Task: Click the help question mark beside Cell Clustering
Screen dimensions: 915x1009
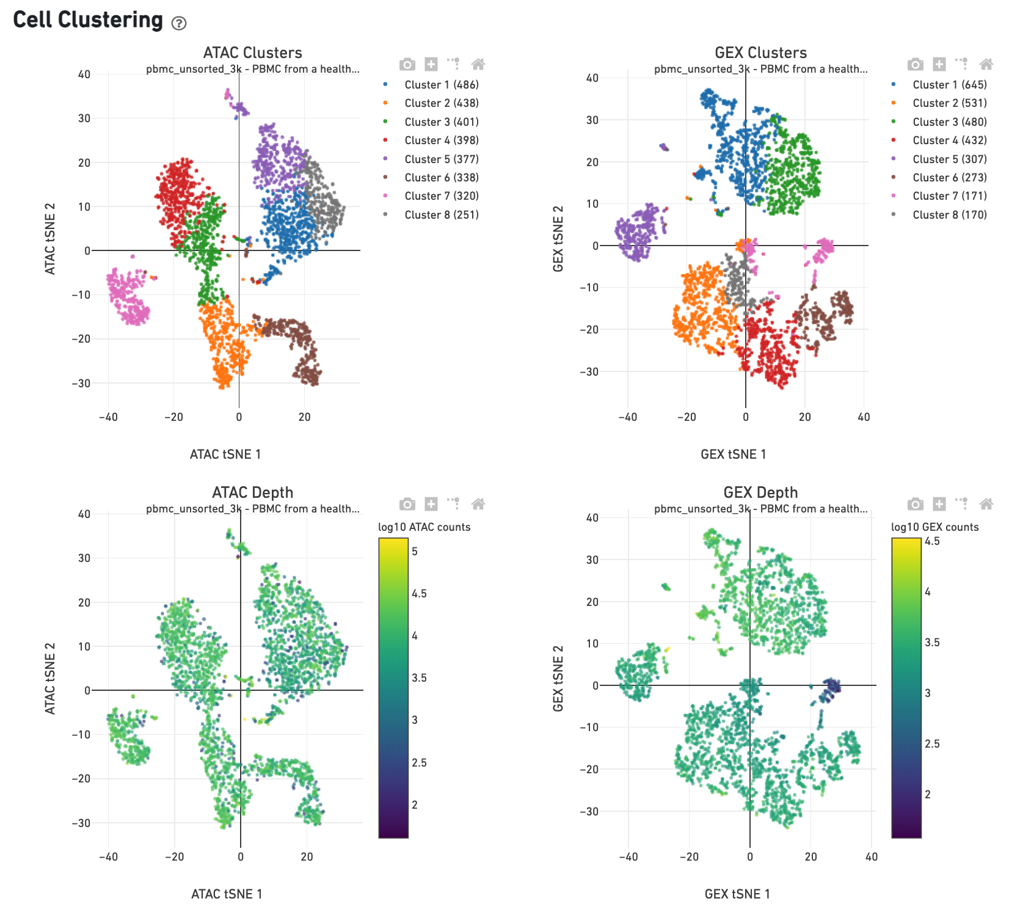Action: [178, 23]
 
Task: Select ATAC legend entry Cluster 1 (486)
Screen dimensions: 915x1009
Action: [441, 85]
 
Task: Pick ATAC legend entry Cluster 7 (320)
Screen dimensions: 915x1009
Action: [441, 196]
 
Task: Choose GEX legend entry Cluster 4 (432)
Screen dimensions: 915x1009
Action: [949, 140]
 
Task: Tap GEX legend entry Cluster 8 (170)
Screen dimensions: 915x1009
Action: [949, 215]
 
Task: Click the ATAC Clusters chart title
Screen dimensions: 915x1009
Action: [252, 53]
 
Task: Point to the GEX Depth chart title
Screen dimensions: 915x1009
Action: [760, 492]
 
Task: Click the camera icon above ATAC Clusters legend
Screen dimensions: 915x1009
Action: [407, 64]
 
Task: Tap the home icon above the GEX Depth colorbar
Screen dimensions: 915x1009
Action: [986, 504]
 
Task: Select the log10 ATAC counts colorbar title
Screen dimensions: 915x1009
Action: [424, 527]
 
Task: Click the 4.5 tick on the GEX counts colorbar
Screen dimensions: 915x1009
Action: [932, 541]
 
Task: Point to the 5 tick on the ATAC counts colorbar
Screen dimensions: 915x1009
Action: [415, 552]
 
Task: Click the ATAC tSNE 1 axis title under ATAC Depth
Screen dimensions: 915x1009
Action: [227, 894]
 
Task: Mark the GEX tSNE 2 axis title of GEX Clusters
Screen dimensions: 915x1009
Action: [558, 239]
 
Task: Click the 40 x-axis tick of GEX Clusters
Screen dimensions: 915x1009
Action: [864, 417]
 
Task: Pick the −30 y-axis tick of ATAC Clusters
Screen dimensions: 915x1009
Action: [81, 384]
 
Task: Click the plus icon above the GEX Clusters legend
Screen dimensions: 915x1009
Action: [939, 64]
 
